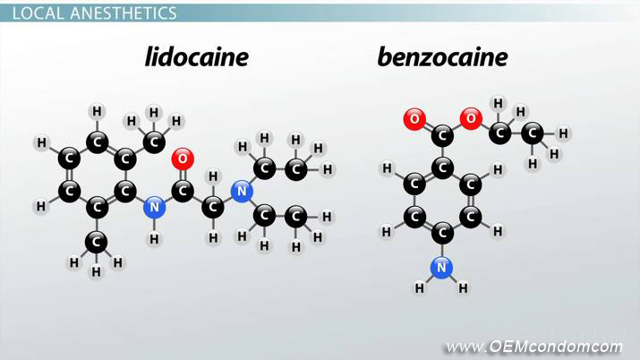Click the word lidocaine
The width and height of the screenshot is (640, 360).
(x=197, y=56)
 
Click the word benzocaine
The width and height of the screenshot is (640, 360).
(x=442, y=56)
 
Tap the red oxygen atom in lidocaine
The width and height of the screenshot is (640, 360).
(x=183, y=159)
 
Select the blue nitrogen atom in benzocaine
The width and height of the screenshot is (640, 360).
(x=441, y=268)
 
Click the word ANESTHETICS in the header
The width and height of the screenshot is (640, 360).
(x=124, y=13)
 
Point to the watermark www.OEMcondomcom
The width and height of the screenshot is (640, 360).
(x=534, y=347)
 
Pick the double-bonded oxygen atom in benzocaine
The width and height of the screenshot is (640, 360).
(x=414, y=119)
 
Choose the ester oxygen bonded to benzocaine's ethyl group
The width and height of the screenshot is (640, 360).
(x=471, y=118)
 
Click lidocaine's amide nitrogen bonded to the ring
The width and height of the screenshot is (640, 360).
(x=154, y=208)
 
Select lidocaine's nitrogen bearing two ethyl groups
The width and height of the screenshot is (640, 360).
(x=242, y=191)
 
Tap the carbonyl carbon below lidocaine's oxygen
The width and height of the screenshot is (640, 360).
(x=183, y=191)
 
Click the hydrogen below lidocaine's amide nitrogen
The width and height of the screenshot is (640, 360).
(x=154, y=239)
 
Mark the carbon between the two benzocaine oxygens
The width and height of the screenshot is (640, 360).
(x=442, y=135)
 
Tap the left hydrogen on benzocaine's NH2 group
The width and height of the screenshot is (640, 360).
(x=419, y=288)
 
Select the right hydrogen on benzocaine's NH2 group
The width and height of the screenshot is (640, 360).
(x=463, y=288)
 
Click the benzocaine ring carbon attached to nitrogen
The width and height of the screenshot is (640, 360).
(x=442, y=233)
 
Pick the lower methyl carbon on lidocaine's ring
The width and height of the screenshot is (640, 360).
(x=97, y=242)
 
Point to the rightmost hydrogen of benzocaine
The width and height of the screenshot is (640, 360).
(x=563, y=133)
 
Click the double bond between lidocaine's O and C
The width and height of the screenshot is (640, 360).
(x=183, y=175)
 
